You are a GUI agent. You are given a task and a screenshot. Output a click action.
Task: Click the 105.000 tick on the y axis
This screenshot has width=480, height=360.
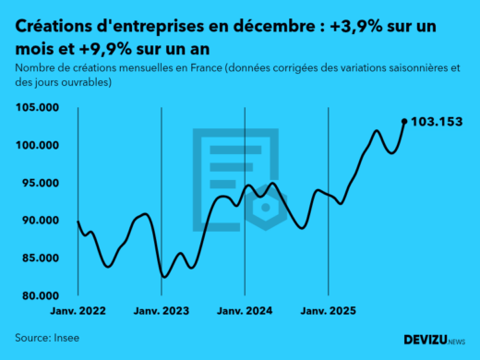click(x=40, y=108)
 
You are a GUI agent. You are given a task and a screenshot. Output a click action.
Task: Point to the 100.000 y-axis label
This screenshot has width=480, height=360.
click(x=40, y=146)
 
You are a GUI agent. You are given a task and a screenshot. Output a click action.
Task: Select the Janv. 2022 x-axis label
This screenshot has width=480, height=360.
click(x=78, y=313)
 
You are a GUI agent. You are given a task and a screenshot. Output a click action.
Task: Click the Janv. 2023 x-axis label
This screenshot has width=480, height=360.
click(x=162, y=313)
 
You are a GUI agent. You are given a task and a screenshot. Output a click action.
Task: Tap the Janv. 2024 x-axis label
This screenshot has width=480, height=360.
click(x=245, y=313)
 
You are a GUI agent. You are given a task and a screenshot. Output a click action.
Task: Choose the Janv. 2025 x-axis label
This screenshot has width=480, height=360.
click(x=328, y=313)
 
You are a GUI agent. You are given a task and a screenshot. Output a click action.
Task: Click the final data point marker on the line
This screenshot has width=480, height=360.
click(x=403, y=121)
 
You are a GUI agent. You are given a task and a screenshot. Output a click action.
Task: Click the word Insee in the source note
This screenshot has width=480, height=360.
click(x=66, y=338)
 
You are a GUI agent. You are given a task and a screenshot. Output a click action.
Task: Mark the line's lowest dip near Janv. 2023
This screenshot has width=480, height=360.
click(x=164, y=276)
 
